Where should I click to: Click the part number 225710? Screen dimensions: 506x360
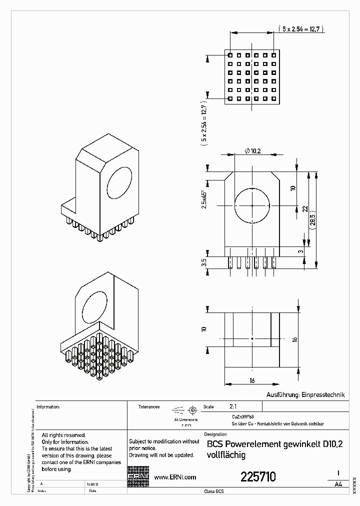258,476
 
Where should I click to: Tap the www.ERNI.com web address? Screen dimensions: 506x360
174,477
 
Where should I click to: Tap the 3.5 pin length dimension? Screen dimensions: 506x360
204,262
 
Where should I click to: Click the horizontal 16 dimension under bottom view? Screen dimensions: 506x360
252,380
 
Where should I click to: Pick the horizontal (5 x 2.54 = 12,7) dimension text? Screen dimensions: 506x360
302,29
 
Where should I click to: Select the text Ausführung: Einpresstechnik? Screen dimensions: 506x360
305,394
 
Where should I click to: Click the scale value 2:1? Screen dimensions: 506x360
233,407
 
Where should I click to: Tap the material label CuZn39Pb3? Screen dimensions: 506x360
242,416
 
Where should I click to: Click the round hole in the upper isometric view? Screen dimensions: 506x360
119,183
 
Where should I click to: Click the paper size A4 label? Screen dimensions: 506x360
338,484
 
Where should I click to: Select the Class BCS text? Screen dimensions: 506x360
214,491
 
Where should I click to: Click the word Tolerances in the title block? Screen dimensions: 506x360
148,407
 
